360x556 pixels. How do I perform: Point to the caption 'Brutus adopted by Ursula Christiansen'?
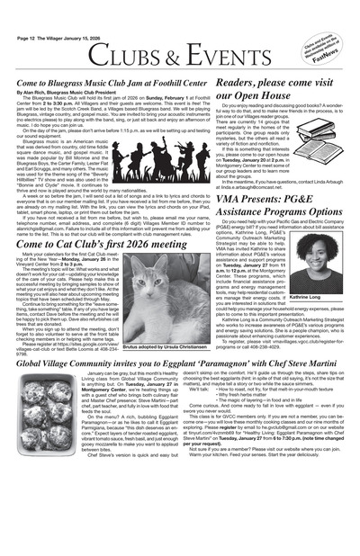point(169,345)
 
